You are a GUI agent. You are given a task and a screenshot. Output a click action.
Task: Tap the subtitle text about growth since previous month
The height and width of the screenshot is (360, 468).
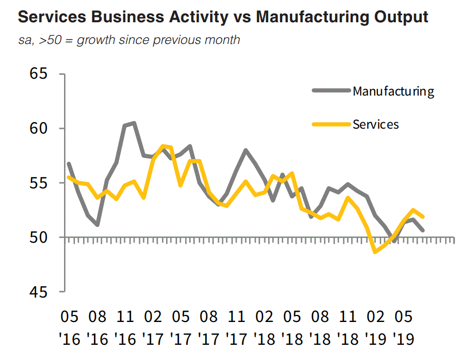pyautogui.click(x=129, y=41)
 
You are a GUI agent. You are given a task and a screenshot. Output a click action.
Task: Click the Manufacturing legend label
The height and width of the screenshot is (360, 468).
pyautogui.click(x=393, y=91)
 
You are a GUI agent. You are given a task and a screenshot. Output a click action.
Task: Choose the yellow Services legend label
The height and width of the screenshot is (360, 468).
pyautogui.click(x=376, y=124)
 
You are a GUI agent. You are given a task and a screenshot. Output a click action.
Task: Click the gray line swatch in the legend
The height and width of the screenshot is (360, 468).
pyautogui.click(x=331, y=90)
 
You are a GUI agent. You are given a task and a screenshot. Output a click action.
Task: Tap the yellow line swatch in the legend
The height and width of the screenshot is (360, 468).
pyautogui.click(x=331, y=124)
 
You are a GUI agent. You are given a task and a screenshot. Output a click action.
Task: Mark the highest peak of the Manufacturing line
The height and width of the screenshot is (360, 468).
pyautogui.click(x=134, y=123)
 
